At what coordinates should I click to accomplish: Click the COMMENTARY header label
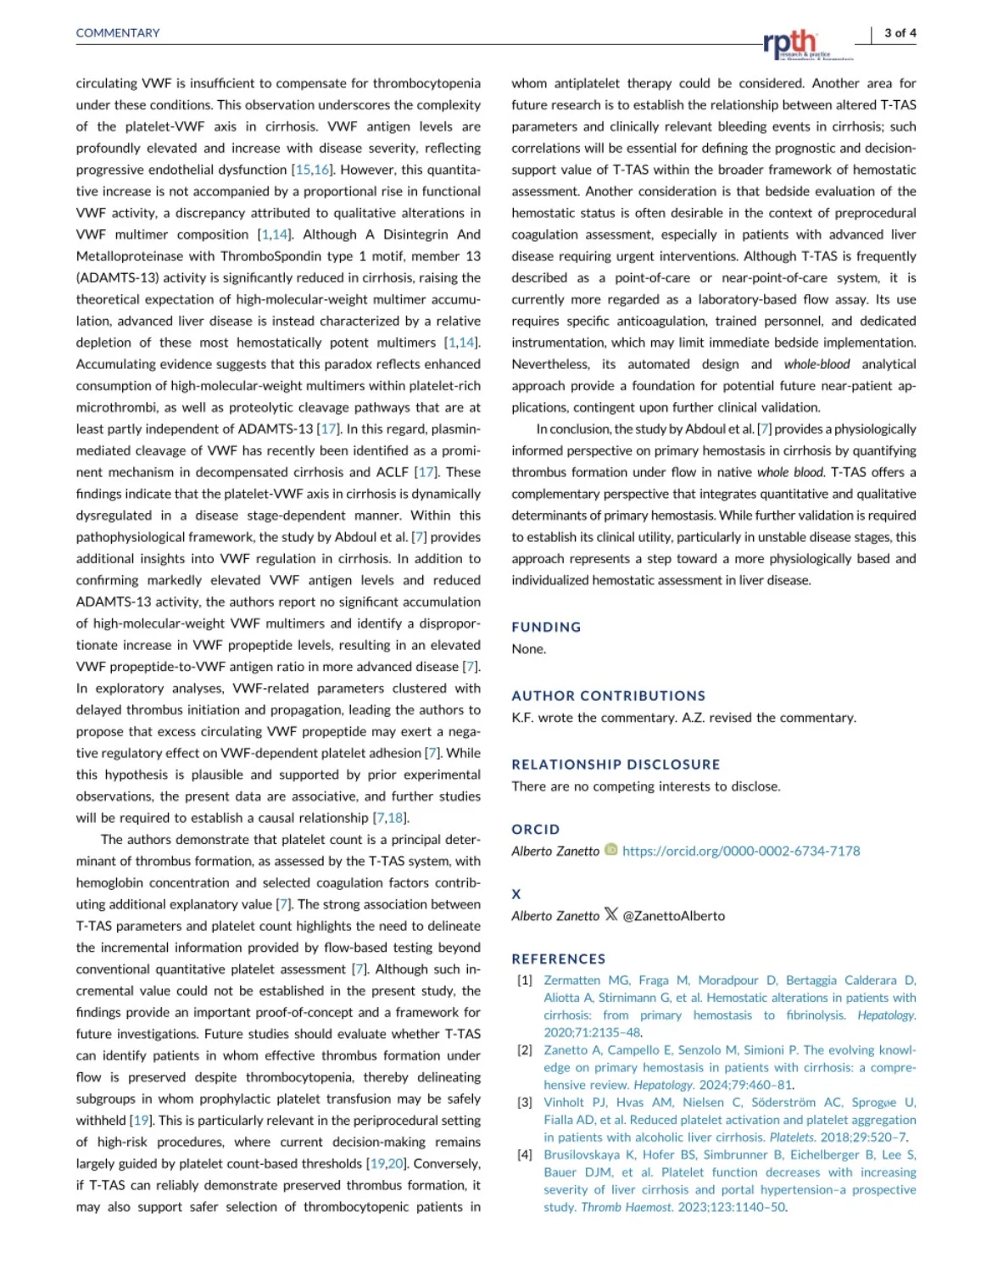click(118, 33)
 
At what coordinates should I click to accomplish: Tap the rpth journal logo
click(790, 42)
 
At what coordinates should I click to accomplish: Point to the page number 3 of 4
click(900, 33)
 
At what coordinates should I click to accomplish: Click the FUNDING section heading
click(546, 627)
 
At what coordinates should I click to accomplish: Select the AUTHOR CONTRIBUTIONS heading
click(608, 696)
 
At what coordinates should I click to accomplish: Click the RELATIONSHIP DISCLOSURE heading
click(616, 764)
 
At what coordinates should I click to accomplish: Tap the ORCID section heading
click(535, 830)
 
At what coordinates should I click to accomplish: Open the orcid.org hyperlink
click(741, 851)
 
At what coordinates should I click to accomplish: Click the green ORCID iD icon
click(610, 850)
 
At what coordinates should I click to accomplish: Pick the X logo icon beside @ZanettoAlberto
click(610, 915)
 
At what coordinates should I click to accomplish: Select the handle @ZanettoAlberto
click(674, 916)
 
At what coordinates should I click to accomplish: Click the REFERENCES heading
click(558, 959)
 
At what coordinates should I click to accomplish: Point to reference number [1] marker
click(525, 981)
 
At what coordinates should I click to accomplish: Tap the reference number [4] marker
click(525, 1155)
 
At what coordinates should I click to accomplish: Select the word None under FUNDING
click(528, 649)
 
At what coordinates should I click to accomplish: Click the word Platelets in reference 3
click(793, 1138)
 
